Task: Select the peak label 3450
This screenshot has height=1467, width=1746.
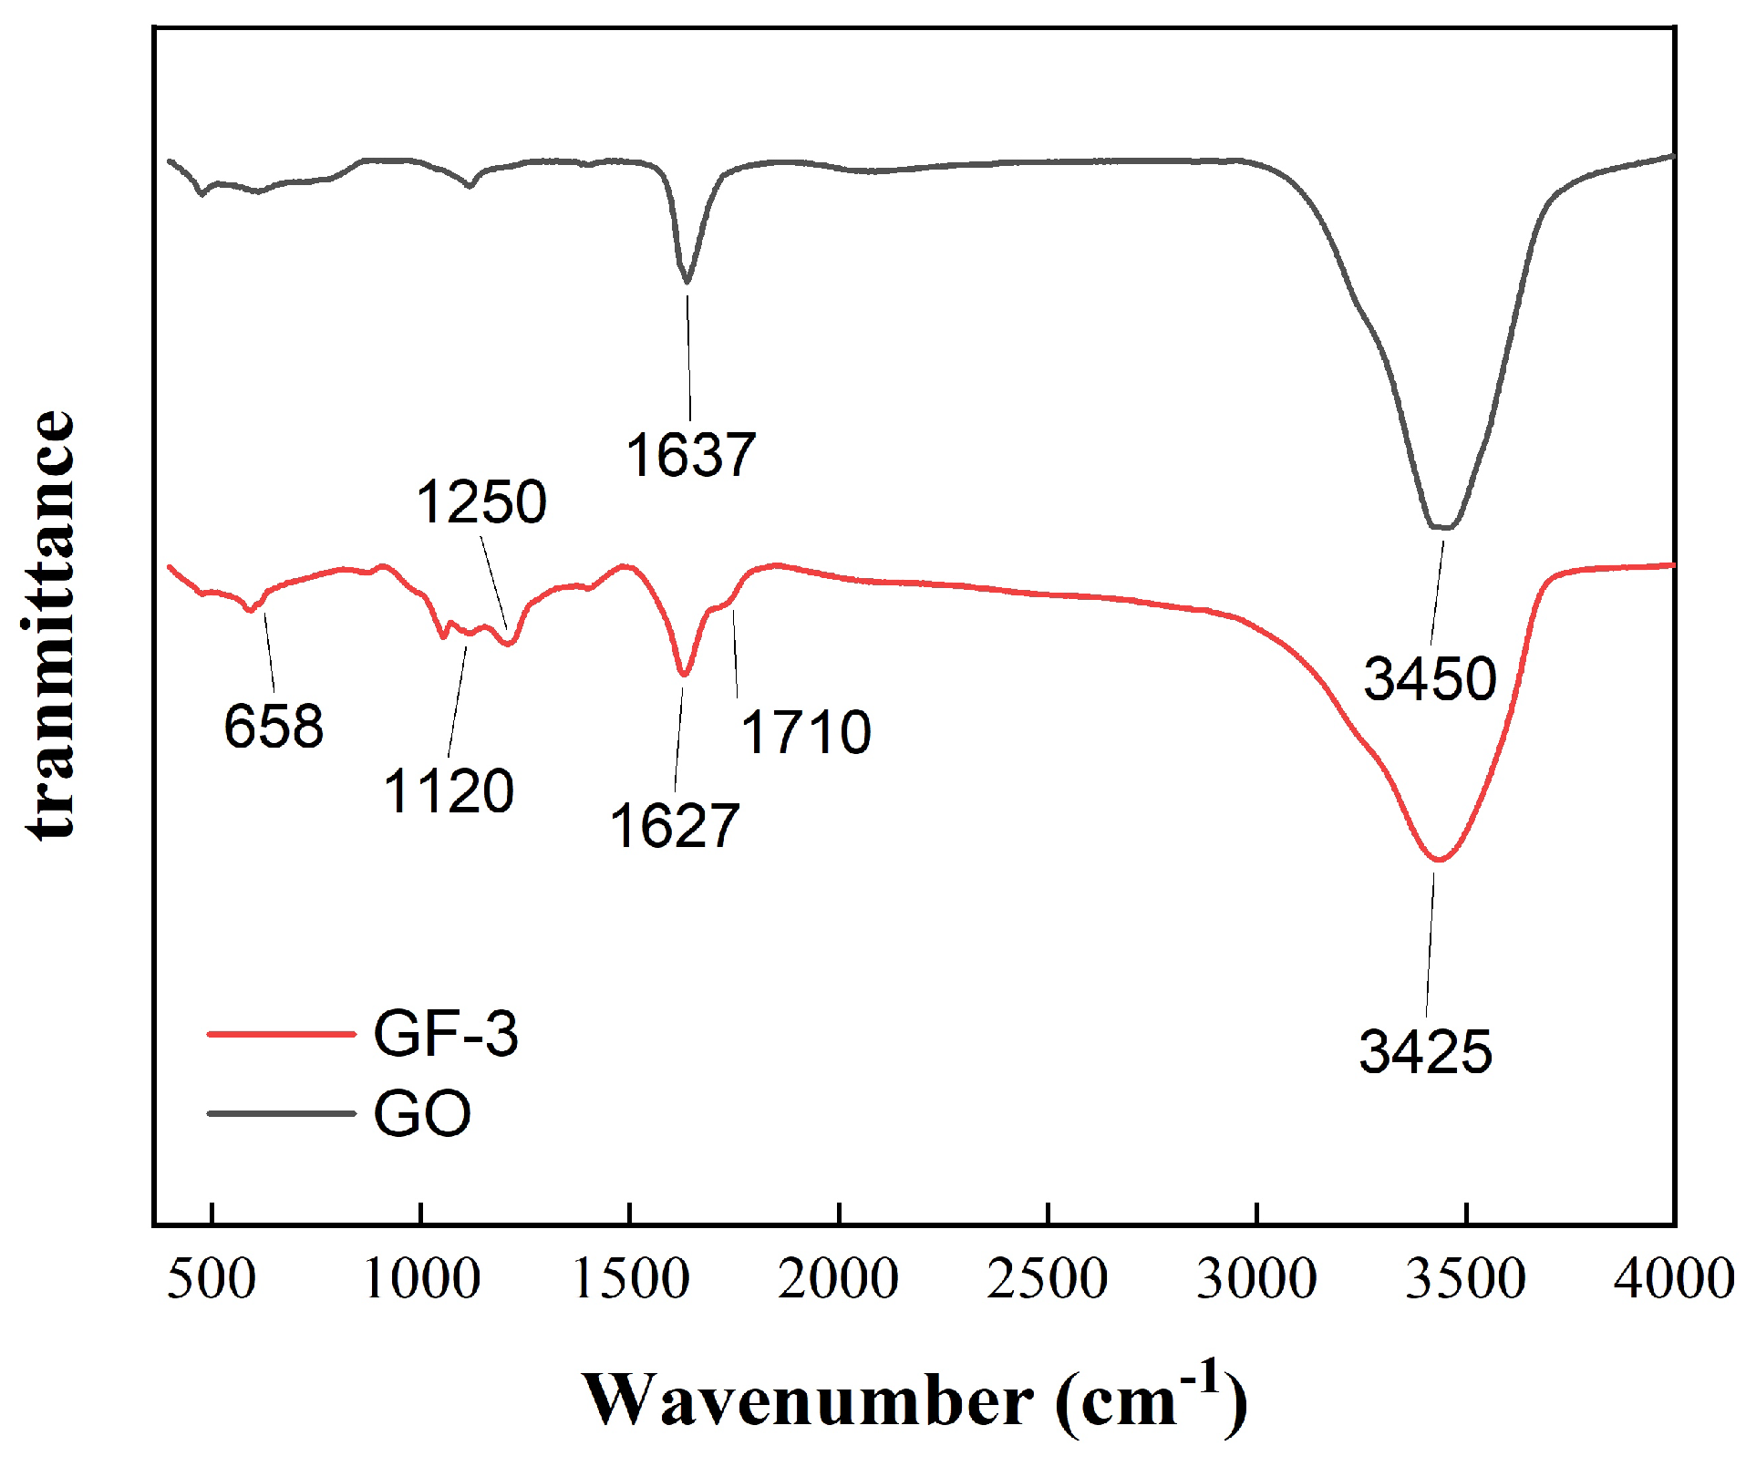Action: coord(1430,678)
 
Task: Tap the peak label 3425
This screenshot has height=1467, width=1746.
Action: coord(1425,1051)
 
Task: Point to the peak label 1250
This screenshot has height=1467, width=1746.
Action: coord(481,501)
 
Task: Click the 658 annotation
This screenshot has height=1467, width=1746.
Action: coord(274,727)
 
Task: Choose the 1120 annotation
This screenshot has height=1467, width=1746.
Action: coord(449,790)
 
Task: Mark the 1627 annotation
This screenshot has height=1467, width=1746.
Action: coord(674,827)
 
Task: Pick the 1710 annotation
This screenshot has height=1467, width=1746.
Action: coord(805,732)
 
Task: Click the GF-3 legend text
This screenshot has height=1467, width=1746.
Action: coord(446,1034)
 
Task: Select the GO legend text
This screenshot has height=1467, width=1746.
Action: coord(422,1113)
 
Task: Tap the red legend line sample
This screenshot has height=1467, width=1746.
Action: coord(280,1034)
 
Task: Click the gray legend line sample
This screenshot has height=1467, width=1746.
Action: coord(280,1113)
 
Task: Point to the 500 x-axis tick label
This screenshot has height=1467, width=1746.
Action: coord(212,1278)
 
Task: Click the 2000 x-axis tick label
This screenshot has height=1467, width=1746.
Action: coord(838,1278)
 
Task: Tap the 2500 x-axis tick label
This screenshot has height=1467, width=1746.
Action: coord(1048,1278)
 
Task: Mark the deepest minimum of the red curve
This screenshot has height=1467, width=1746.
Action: coord(1438,859)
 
